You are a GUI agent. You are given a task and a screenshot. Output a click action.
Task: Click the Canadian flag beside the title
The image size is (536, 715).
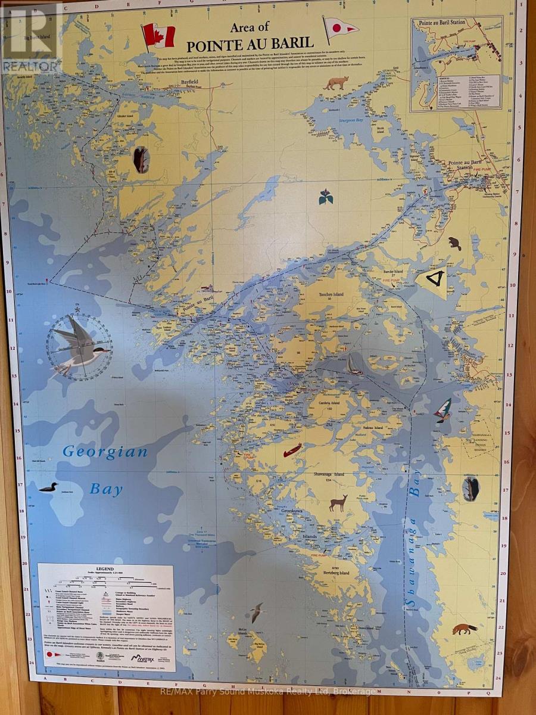(x=158, y=35)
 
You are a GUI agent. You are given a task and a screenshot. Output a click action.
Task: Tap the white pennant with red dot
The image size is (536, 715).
(x=340, y=27)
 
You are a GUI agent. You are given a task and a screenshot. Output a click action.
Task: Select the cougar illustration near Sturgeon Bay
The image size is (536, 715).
(x=336, y=83)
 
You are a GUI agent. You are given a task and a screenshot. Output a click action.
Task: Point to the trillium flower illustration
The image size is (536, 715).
(x=326, y=197)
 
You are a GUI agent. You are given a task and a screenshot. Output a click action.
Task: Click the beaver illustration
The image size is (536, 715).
(x=455, y=244)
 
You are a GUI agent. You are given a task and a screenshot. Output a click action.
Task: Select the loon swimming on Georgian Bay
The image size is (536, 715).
(x=48, y=487)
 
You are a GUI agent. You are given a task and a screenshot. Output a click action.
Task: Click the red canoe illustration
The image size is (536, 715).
(x=292, y=450)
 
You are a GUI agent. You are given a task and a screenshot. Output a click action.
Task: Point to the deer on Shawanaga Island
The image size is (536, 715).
(x=338, y=502)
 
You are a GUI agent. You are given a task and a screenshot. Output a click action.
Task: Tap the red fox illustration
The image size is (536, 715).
(x=464, y=629)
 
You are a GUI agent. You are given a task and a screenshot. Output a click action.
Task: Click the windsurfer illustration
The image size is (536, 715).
(x=442, y=410)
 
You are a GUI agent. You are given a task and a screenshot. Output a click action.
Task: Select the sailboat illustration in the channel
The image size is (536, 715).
(x=355, y=365)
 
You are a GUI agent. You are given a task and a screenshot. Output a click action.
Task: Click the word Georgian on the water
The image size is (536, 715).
(x=105, y=451)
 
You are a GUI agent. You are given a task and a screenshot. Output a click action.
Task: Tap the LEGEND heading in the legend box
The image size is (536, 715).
(x=105, y=570)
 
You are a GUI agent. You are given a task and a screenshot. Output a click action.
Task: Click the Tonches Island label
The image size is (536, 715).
(x=325, y=293)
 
